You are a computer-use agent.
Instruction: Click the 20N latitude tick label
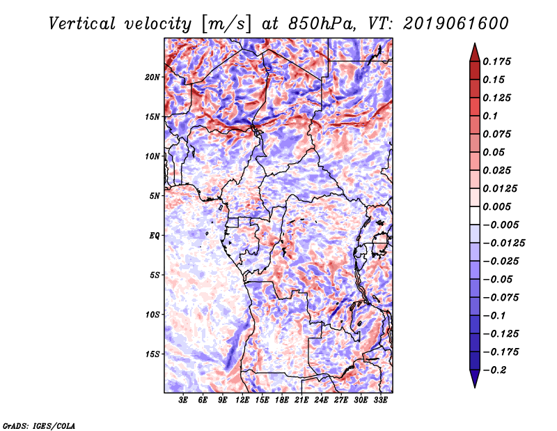click(x=152, y=77)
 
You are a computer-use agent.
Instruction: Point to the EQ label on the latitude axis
click(x=155, y=235)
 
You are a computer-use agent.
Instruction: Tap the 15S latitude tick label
click(x=152, y=354)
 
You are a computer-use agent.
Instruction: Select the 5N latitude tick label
click(x=155, y=195)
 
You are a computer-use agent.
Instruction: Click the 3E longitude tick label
click(x=183, y=400)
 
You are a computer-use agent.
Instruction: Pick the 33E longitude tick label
click(x=380, y=400)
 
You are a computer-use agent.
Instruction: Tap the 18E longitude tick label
click(x=282, y=400)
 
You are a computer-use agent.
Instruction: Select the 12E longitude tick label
click(x=242, y=400)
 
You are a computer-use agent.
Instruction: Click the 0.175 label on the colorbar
click(x=496, y=61)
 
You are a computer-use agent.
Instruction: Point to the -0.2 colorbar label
click(x=494, y=370)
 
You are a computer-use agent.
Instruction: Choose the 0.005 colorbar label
click(x=496, y=206)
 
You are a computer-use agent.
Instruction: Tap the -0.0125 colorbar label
click(x=503, y=243)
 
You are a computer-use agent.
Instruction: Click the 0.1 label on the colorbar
click(x=490, y=116)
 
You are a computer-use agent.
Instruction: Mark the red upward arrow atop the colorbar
click(x=475, y=52)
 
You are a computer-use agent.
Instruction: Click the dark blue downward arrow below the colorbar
click(x=475, y=379)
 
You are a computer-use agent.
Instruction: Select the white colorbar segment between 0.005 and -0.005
click(x=475, y=215)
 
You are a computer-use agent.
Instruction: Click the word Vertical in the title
click(x=82, y=24)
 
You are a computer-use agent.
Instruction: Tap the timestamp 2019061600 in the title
click(x=456, y=24)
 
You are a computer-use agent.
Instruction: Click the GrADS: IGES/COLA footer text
click(x=39, y=425)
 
